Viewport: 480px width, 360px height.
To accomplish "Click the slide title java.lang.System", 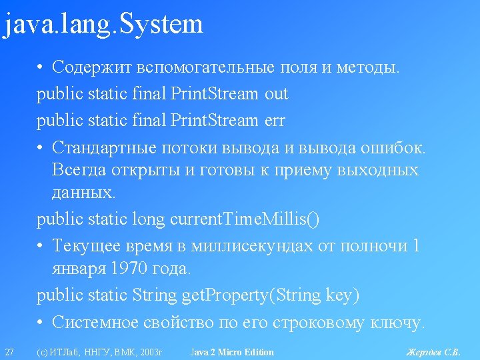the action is (x=103, y=25).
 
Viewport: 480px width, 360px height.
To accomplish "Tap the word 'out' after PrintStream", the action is (x=277, y=94).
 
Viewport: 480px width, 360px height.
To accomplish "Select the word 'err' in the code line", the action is (x=275, y=121).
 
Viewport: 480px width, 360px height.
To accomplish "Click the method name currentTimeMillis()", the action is (x=245, y=219).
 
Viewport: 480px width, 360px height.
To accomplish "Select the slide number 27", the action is (x=9, y=352).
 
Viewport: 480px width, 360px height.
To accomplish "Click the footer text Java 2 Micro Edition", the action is (x=232, y=352).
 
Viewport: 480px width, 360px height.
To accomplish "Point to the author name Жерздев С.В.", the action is (x=433, y=352).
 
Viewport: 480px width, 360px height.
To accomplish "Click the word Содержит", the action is (x=92, y=67).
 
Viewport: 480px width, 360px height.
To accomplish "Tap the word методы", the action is (x=368, y=67).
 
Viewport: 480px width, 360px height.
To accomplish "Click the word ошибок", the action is (x=393, y=147).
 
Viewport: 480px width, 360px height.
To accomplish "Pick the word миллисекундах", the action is (x=252, y=246).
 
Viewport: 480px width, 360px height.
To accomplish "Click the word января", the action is (x=79, y=269).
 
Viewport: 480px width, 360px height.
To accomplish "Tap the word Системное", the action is (x=95, y=322).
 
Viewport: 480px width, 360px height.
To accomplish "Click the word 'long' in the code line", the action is (x=149, y=220).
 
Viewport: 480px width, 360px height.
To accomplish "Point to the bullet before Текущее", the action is (x=39, y=246).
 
